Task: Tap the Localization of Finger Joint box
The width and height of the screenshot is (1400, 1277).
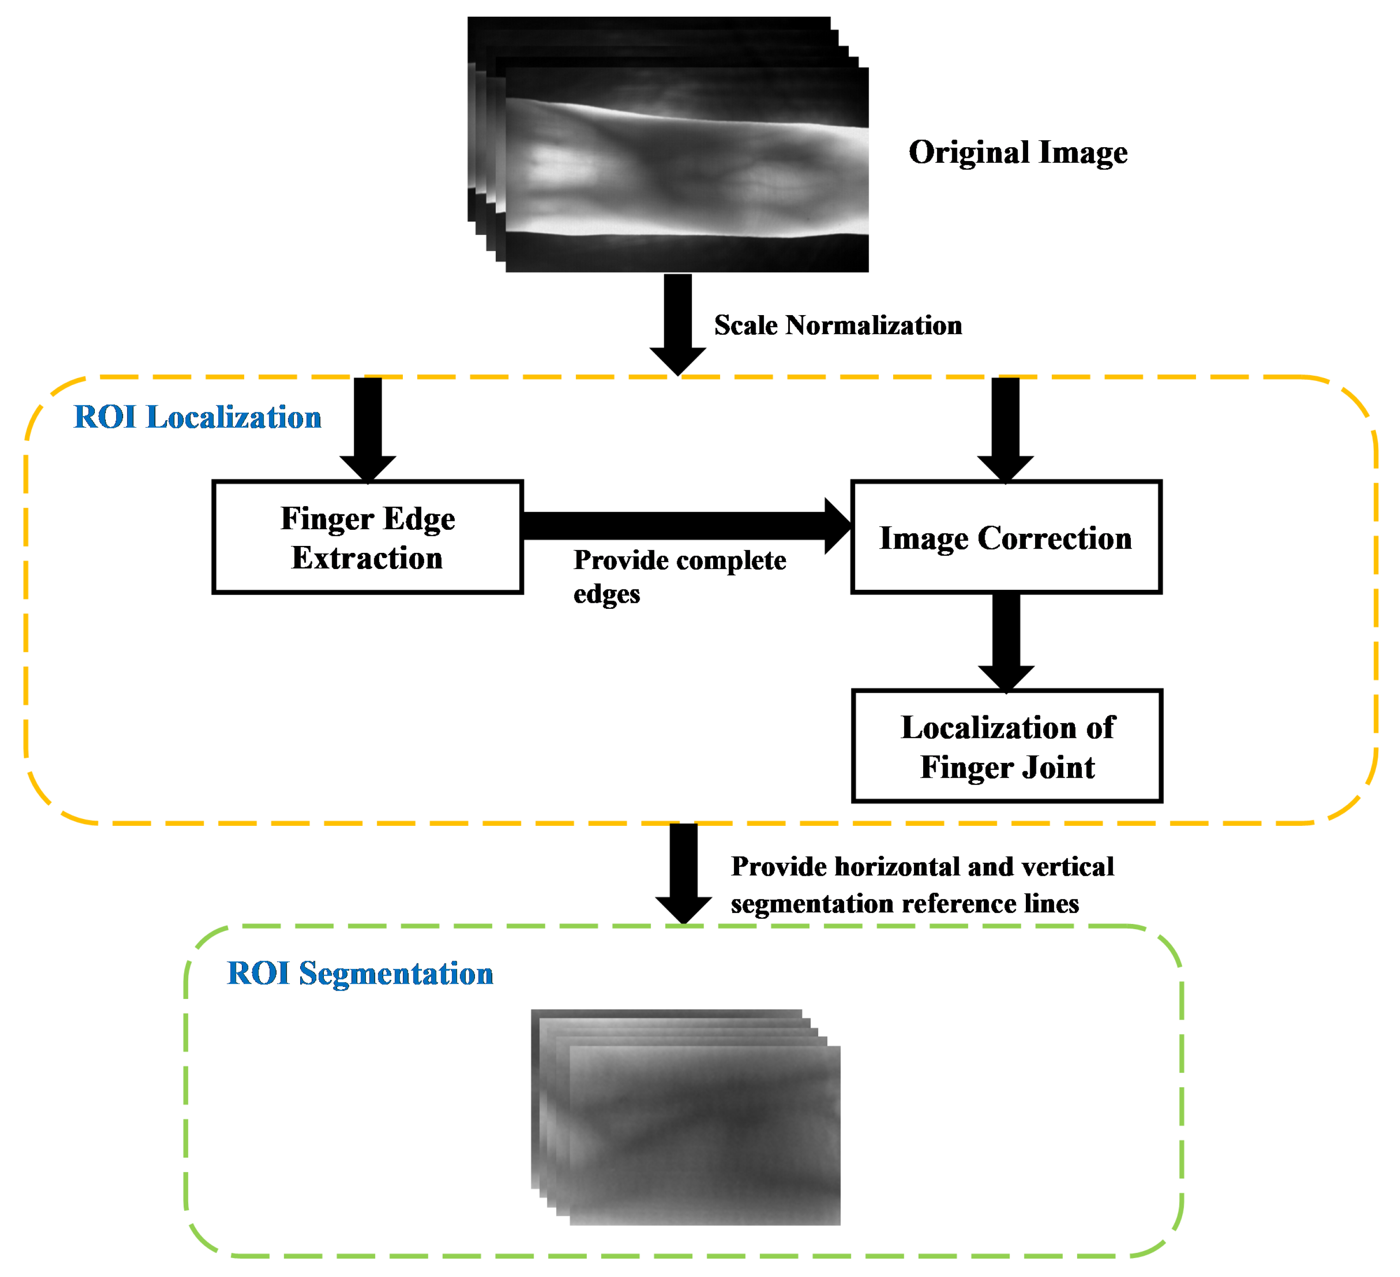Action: (x=1006, y=746)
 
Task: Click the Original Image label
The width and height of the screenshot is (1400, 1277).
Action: (x=1018, y=152)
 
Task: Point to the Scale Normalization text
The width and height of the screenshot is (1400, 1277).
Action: (x=838, y=325)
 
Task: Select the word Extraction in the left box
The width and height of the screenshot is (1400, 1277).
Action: (x=367, y=558)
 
